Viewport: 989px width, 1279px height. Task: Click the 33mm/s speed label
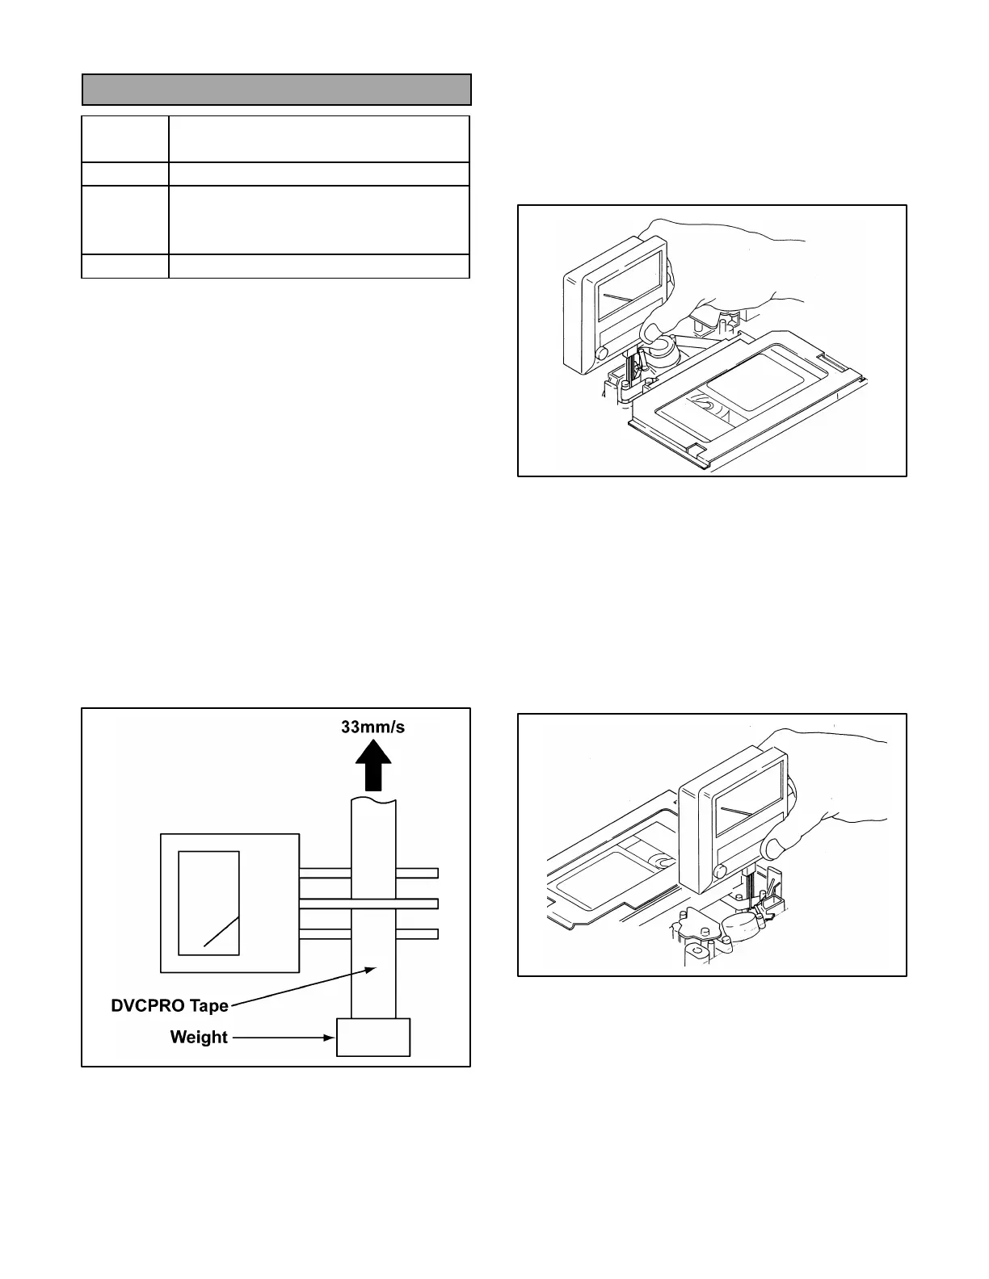pyautogui.click(x=372, y=727)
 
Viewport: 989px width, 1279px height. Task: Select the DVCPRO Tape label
pyautogui.click(x=169, y=1006)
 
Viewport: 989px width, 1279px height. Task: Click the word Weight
pyautogui.click(x=199, y=1037)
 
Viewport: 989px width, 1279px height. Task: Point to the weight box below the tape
pyautogui.click(x=373, y=1037)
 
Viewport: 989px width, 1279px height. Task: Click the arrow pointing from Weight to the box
pyautogui.click(x=283, y=1037)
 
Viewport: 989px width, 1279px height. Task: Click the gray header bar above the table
pyautogui.click(x=276, y=90)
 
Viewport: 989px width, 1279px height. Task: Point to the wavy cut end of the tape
pyautogui.click(x=373, y=800)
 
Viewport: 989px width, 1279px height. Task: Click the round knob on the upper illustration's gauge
pyautogui.click(x=601, y=353)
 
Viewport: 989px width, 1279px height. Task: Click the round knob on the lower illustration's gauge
pyautogui.click(x=721, y=870)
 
